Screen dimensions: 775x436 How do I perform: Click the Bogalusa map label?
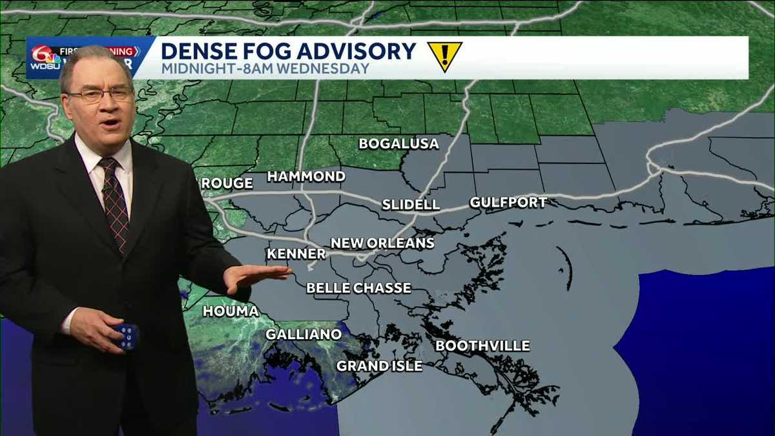coord(398,143)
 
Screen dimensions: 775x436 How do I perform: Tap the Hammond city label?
coord(306,176)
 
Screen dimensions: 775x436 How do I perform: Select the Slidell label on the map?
coord(411,205)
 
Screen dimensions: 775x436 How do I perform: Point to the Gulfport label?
coord(508,203)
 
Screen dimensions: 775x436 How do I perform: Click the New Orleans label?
coord(382,244)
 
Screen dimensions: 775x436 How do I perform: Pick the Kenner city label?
coord(296,254)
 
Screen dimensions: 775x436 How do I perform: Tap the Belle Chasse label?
coord(358,288)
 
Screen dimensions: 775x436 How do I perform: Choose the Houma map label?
coord(231,311)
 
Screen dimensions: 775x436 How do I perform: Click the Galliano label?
coord(304,334)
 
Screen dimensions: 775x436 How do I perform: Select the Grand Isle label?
coord(379,366)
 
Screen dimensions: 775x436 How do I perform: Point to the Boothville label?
coord(482,346)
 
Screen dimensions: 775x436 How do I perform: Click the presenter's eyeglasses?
coord(100,95)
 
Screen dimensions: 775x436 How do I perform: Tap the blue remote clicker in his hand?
coord(126,337)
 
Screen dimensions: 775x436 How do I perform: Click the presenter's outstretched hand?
coord(256,276)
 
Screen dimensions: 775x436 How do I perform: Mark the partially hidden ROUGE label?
coord(227,183)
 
